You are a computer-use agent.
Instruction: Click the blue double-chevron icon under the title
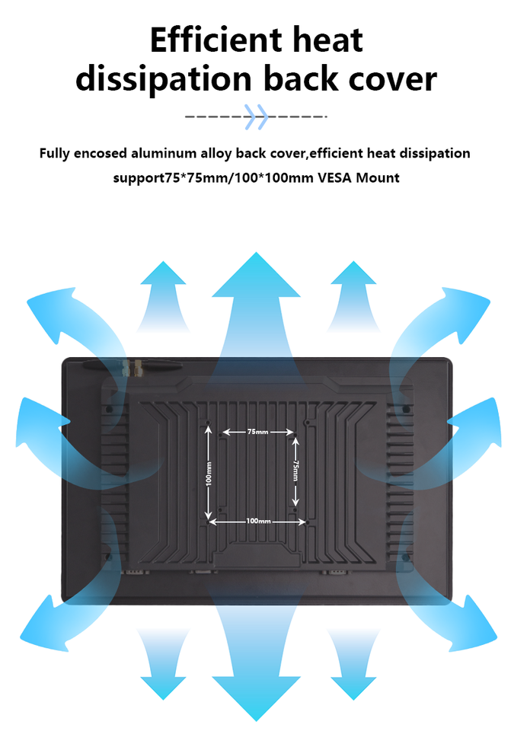click(257, 117)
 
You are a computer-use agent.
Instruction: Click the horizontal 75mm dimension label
click(257, 432)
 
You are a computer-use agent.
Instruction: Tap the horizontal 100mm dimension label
click(258, 522)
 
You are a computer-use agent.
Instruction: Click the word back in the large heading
click(301, 79)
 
